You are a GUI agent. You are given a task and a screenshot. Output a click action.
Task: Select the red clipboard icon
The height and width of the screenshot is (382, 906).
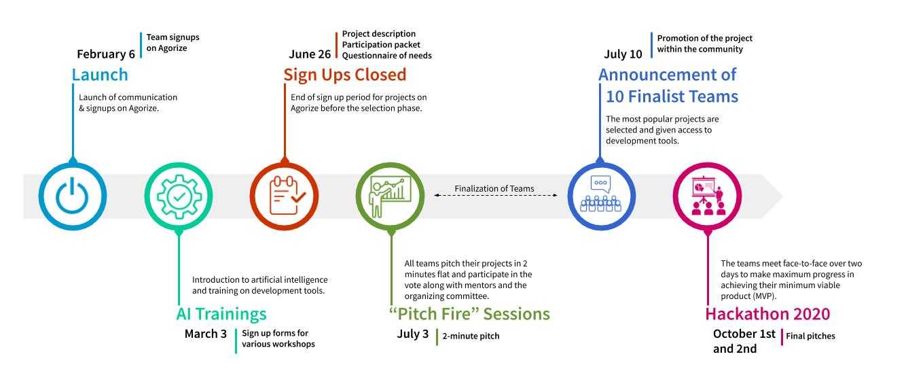tap(287, 196)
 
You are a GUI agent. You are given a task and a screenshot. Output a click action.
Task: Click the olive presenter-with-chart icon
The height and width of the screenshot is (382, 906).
tap(390, 196)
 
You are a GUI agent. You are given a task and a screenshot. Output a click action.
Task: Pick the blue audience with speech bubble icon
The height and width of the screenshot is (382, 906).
tap(600, 194)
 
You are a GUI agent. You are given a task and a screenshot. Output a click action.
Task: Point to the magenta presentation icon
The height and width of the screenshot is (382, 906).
tap(708, 196)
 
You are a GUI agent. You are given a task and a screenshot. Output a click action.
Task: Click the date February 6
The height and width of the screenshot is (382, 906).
tap(106, 54)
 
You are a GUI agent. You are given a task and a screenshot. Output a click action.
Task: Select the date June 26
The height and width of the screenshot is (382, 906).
tap(310, 54)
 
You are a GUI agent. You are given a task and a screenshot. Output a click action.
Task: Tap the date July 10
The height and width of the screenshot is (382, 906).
tap(623, 54)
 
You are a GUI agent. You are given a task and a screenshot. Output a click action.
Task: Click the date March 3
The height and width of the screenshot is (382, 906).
tap(206, 334)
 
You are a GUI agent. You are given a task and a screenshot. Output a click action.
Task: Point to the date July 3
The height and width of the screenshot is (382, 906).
tap(412, 334)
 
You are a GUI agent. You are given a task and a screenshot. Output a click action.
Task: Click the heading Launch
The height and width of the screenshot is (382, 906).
tap(100, 75)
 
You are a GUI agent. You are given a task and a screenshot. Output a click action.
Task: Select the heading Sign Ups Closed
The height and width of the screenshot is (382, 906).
tap(345, 75)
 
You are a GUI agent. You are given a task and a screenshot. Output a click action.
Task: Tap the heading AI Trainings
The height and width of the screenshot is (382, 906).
tap(221, 314)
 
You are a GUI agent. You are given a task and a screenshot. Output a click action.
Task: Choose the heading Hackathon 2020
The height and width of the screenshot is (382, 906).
tap(767, 314)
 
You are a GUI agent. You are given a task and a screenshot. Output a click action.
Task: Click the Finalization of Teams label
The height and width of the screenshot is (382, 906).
tap(494, 188)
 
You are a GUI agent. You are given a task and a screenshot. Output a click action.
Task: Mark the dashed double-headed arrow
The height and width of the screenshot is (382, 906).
tap(496, 196)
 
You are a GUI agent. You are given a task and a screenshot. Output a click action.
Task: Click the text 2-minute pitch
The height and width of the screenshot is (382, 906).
tap(471, 336)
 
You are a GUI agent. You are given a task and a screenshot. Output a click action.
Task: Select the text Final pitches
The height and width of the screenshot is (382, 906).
tap(810, 336)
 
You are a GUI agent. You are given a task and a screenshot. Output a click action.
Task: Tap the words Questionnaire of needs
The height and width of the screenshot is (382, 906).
tap(386, 56)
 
